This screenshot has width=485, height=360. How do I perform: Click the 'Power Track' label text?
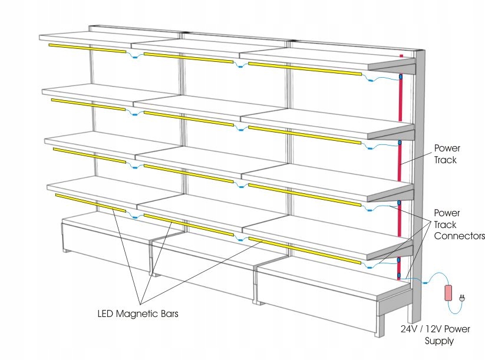click(447, 153)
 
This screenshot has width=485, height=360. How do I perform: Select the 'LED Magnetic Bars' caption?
click(138, 314)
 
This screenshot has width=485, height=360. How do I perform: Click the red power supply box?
click(448, 293)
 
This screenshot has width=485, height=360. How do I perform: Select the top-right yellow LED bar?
click(304, 68)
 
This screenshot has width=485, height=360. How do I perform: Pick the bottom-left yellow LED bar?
click(90, 202)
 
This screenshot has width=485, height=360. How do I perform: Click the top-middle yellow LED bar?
click(187, 58)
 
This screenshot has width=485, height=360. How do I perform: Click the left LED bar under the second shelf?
click(88, 104)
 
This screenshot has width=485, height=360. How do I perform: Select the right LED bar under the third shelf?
click(304, 193)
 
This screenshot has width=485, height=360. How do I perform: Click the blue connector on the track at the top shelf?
click(400, 77)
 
